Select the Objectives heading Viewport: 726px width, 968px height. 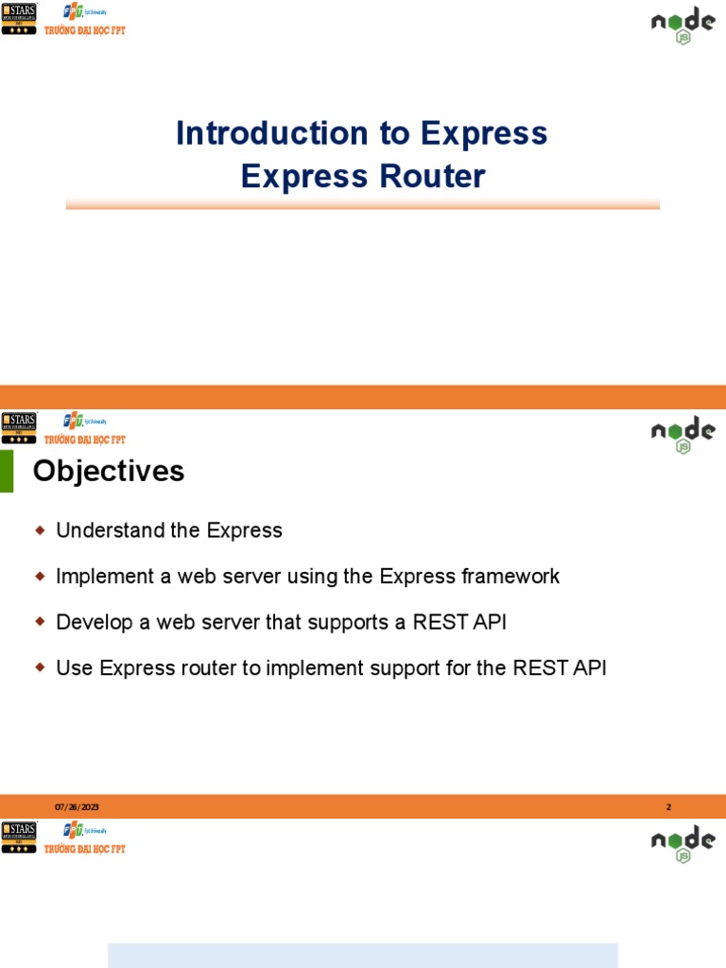pos(109,471)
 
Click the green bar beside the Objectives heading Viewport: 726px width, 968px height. pos(7,471)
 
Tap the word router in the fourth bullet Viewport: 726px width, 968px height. pos(209,668)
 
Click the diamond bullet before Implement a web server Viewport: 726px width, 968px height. pos(40,576)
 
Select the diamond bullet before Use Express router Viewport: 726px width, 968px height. pos(40,667)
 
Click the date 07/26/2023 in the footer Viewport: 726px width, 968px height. pos(77,806)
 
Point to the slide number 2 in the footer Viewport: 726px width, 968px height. pos(668,806)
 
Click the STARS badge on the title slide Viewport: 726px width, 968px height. pos(19,18)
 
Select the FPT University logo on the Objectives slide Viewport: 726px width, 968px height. pos(85,421)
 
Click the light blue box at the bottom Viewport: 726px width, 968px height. pos(362,955)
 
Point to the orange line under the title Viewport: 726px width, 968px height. pos(362,204)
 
